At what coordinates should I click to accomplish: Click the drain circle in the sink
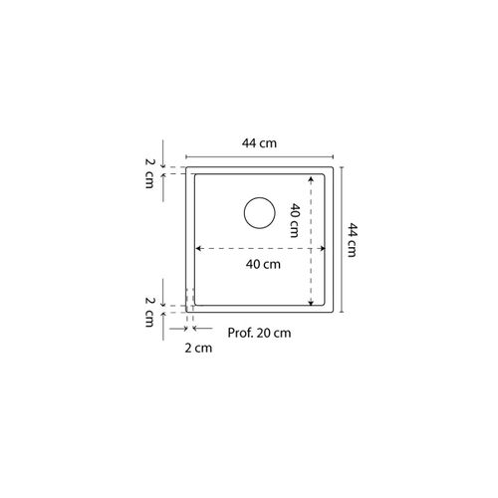pos(260,197)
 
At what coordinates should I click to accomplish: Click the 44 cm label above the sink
pos(259,143)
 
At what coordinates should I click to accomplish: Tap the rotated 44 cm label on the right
pos(353,240)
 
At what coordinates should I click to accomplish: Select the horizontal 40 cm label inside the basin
pos(263,264)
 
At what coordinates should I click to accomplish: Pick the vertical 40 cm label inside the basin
pos(295,220)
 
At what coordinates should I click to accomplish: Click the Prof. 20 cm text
pos(259,333)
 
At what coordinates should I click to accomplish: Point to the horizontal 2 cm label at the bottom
pos(198,348)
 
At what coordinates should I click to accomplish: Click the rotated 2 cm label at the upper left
pos(150,173)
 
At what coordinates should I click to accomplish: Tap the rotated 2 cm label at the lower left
pos(150,312)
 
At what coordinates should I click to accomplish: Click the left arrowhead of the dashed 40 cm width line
pos(198,248)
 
